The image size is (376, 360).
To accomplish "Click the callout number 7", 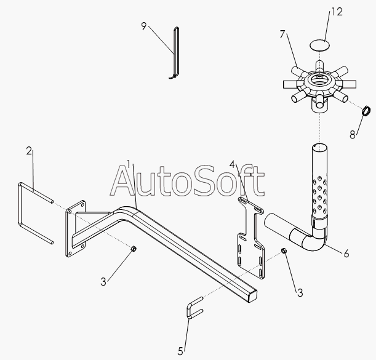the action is pyautogui.click(x=282, y=34).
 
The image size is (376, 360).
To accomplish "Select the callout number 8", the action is pyautogui.click(x=353, y=134).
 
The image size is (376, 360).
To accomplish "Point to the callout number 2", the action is pyautogui.click(x=28, y=151).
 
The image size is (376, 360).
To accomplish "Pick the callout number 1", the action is pyautogui.click(x=128, y=164).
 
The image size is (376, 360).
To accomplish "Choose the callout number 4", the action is pyautogui.click(x=233, y=164).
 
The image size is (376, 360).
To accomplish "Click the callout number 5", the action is pyautogui.click(x=181, y=351).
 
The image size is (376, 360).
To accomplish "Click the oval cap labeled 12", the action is pyautogui.click(x=319, y=46).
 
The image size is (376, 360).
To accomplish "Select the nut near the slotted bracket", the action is pyautogui.click(x=284, y=251).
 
